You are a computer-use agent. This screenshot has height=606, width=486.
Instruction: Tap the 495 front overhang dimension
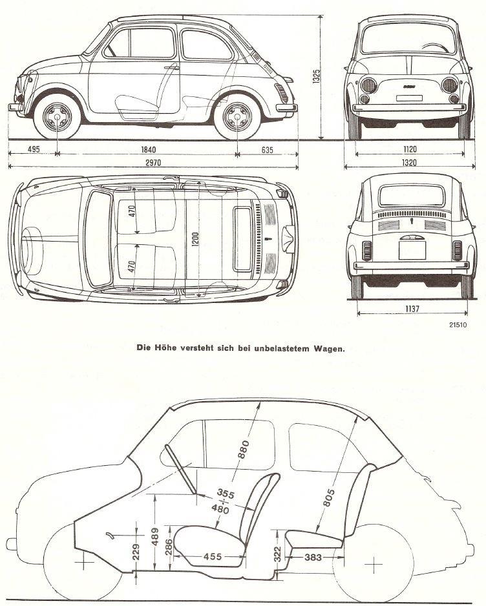[33, 151]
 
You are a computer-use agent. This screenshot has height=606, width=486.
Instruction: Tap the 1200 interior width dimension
[188, 239]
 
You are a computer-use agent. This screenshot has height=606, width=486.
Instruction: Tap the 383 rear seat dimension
[313, 556]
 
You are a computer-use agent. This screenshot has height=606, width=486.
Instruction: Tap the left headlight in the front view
[369, 85]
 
